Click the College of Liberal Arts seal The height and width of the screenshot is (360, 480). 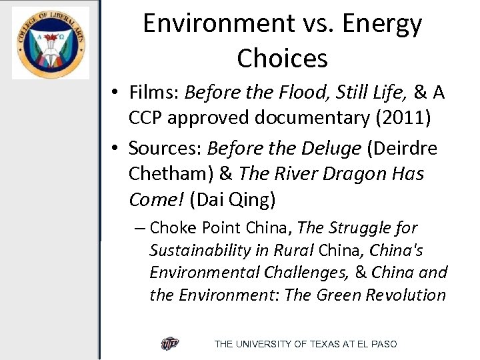(50, 43)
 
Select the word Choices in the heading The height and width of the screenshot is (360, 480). (282, 58)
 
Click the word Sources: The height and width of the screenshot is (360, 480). (165, 148)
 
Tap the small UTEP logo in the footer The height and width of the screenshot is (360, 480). (170, 344)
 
